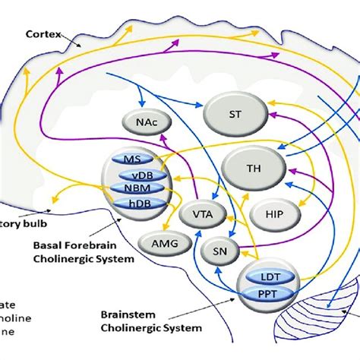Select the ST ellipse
(236, 112)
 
